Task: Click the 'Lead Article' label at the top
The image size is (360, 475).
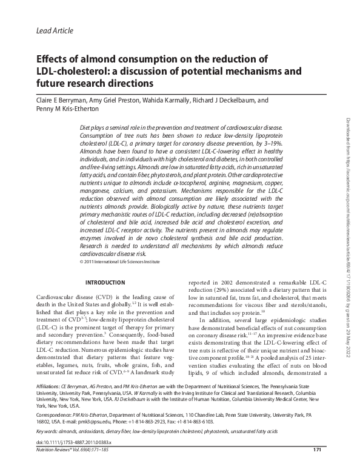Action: tap(55, 30)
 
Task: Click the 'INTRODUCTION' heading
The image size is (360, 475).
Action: tap(106, 283)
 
